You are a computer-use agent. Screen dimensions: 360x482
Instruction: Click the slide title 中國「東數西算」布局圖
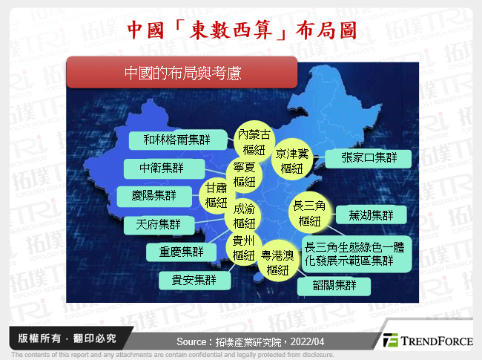241,30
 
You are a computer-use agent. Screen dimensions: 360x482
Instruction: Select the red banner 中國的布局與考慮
182,73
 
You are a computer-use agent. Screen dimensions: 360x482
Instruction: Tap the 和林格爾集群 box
177,140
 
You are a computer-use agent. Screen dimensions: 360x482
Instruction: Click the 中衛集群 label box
162,168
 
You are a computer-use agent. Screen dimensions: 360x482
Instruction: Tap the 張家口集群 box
369,157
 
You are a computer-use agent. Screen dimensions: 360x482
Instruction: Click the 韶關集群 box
336,285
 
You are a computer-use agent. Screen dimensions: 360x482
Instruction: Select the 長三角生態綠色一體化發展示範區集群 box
356,253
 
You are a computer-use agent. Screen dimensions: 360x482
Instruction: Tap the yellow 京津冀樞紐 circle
292,161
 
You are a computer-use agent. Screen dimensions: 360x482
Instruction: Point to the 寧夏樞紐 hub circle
244,174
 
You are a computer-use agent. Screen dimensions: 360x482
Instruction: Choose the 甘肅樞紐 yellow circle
216,195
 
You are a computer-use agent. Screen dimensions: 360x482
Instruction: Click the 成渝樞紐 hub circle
243,216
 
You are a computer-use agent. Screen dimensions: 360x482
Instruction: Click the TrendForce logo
427,341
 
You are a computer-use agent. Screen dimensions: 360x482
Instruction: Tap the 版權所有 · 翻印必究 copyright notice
63,338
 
